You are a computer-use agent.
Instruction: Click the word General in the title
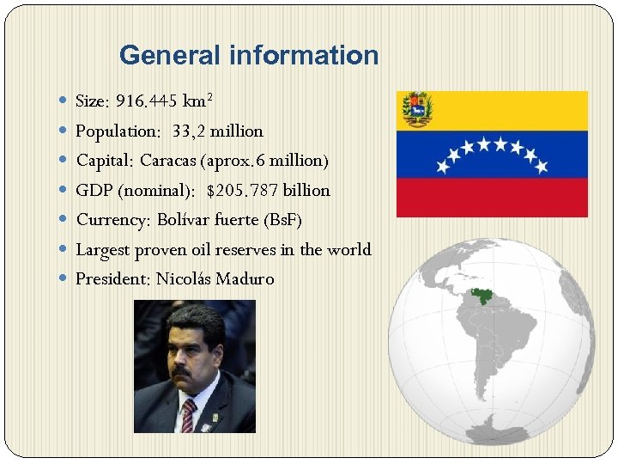click(x=170, y=56)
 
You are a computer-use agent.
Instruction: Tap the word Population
click(x=119, y=131)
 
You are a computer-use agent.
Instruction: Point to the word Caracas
click(x=168, y=161)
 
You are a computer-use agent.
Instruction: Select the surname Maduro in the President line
click(x=245, y=279)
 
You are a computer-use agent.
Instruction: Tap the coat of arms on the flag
click(x=418, y=107)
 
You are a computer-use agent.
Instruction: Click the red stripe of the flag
click(x=492, y=198)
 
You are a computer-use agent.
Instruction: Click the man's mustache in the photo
click(x=183, y=372)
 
